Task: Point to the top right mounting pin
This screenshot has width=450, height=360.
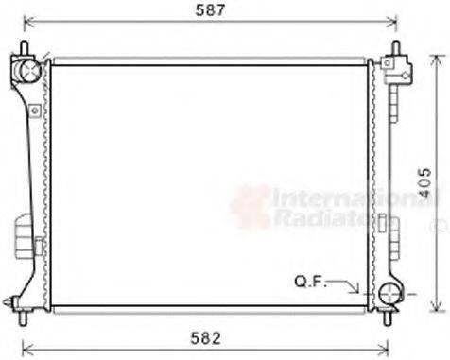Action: (390, 48)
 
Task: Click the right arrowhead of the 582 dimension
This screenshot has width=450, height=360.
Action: (382, 346)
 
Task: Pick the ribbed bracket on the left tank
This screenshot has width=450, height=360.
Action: (21, 231)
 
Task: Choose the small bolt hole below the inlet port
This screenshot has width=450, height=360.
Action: (34, 111)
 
